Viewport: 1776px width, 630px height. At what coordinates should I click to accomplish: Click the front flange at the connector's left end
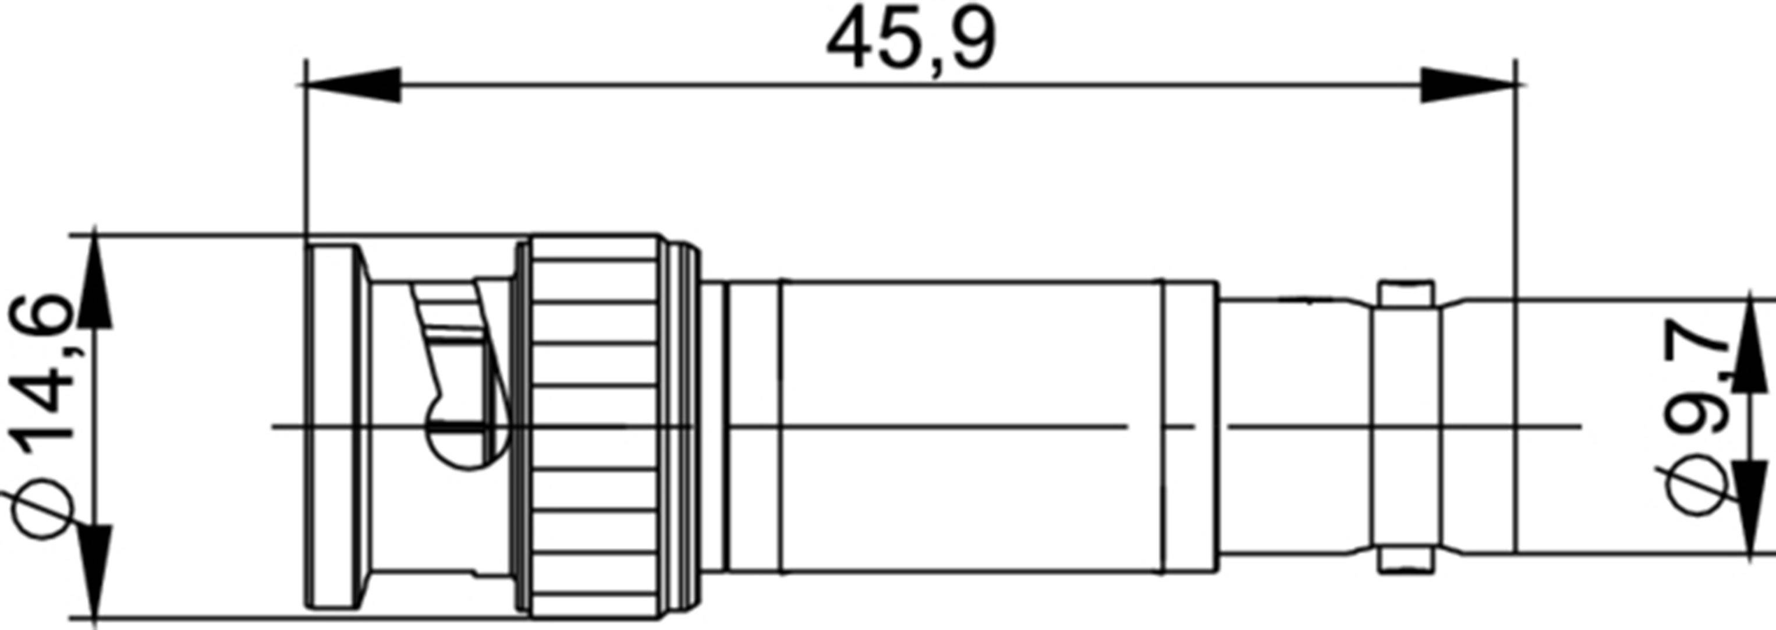[x=334, y=427]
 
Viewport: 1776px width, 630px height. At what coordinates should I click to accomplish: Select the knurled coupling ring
[x=593, y=427]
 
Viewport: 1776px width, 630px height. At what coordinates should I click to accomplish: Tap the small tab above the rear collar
[x=1406, y=293]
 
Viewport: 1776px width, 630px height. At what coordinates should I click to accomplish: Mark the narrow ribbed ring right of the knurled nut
[x=683, y=427]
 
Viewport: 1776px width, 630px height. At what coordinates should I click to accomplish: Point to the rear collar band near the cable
[x=1406, y=427]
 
